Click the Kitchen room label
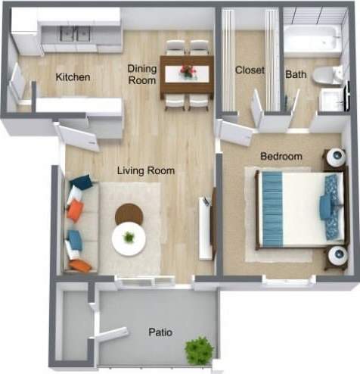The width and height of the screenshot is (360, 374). (73, 77)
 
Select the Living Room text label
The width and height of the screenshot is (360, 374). (146, 171)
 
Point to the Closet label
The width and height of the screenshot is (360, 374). (250, 70)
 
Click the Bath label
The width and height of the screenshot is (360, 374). (295, 74)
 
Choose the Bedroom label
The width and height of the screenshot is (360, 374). (281, 157)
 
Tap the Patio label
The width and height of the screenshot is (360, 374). (160, 332)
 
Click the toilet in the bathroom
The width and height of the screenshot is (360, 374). (327, 74)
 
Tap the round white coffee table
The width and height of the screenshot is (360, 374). (129, 239)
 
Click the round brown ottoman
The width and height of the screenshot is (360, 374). (129, 214)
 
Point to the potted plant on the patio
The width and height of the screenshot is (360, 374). (199, 351)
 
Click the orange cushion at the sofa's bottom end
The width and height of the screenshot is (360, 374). (80, 265)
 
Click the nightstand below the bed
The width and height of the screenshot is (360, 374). (334, 257)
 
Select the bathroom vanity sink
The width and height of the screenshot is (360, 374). (330, 100)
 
